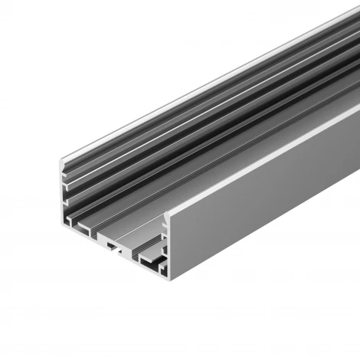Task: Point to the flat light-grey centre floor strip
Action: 130,230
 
